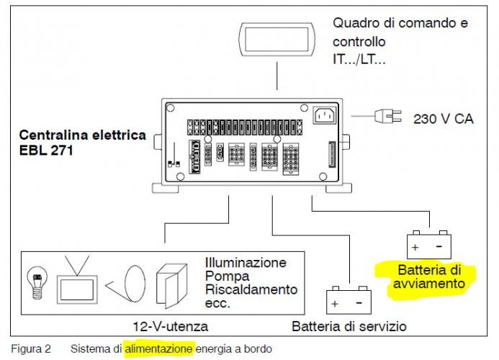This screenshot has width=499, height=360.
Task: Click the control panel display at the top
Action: [277, 39]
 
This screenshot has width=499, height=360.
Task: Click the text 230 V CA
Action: [443, 118]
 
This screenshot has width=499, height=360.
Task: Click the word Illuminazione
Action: [246, 263]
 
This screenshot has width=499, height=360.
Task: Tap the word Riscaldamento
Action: [251, 290]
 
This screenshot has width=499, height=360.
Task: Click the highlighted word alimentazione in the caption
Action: [159, 349]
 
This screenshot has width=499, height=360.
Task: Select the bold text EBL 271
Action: [47, 150]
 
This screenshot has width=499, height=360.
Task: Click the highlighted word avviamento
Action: [429, 284]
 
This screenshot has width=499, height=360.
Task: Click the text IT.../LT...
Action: [359, 60]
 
